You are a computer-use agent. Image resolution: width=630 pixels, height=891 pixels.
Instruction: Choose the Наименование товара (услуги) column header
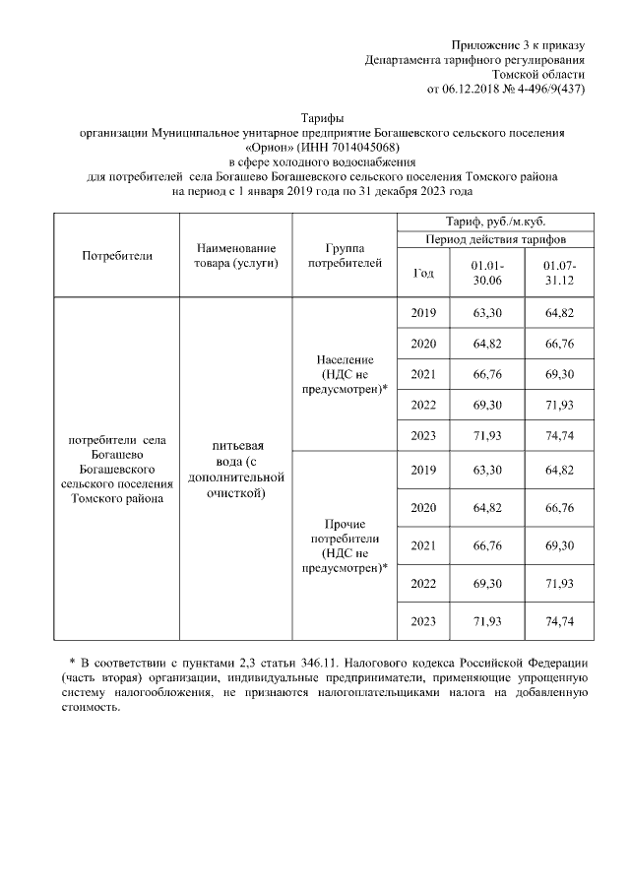tap(235, 255)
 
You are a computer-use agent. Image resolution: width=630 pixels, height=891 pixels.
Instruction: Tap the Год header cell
tap(422, 273)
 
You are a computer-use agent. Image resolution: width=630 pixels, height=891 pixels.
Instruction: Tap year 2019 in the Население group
tap(422, 313)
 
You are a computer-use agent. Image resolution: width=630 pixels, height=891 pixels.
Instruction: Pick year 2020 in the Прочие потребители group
tap(422, 507)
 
